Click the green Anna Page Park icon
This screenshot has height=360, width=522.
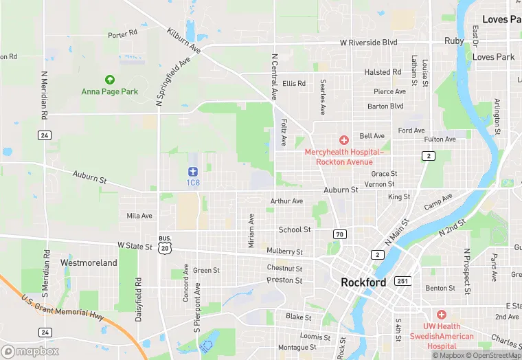click(109, 80)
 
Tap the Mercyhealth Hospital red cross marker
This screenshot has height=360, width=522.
click(343, 140)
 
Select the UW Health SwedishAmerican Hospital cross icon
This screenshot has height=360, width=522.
click(441, 314)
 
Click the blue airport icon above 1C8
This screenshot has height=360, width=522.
click(192, 171)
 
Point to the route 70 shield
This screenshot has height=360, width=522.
click(339, 234)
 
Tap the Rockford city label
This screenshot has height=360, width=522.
click(363, 282)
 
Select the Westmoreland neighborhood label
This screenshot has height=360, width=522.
click(89, 262)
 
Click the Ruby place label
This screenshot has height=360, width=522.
click(454, 41)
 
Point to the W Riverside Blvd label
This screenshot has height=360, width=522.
click(370, 42)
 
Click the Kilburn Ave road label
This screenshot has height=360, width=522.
click(183, 41)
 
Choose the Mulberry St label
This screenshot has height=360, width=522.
click(284, 251)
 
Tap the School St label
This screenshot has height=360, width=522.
click(294, 229)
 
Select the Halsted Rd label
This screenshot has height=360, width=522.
click(383, 72)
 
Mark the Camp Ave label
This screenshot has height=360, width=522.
click(438, 202)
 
